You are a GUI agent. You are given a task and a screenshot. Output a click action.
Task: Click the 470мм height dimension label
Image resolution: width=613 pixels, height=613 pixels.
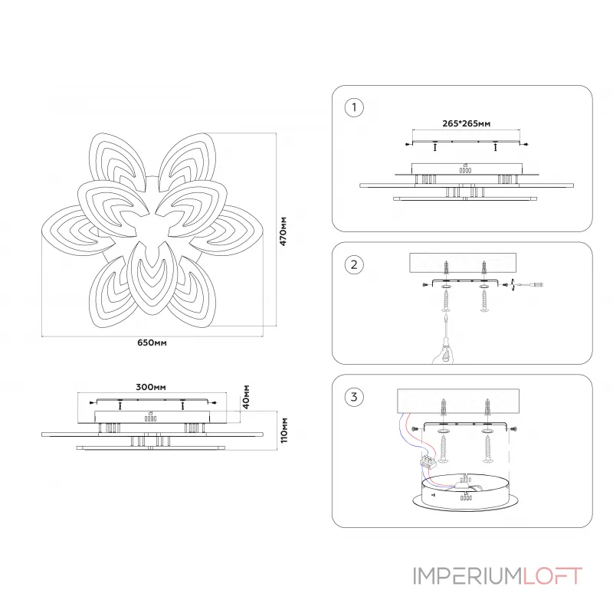pos(283,231)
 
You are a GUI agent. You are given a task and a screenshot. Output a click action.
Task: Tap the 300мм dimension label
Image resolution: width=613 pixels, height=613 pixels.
pos(151,387)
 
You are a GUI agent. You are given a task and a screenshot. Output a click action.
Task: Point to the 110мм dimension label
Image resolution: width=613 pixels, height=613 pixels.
pos(283,431)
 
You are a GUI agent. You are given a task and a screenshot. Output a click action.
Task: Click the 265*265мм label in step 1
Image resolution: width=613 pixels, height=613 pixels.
pos(466,123)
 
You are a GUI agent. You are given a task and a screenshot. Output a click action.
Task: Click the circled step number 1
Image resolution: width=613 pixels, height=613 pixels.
pos(352,107)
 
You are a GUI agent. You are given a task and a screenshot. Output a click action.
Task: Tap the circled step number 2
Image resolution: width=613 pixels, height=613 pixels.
pos(352,265)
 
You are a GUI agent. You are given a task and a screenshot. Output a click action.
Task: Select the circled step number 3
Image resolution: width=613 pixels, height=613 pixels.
pos(352,396)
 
